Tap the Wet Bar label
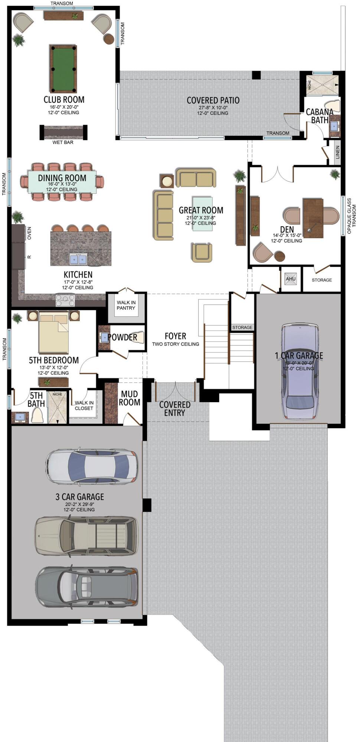click(63, 142)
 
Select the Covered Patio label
click(213, 101)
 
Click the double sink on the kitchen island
click(79, 259)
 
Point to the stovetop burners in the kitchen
click(65, 299)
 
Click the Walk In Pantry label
click(126, 305)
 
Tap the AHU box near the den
click(291, 279)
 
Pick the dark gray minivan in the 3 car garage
click(87, 587)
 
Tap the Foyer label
click(175, 336)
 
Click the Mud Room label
click(129, 398)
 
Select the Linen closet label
click(337, 152)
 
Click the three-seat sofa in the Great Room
click(163, 215)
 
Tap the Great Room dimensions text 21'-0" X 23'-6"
click(201, 218)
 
